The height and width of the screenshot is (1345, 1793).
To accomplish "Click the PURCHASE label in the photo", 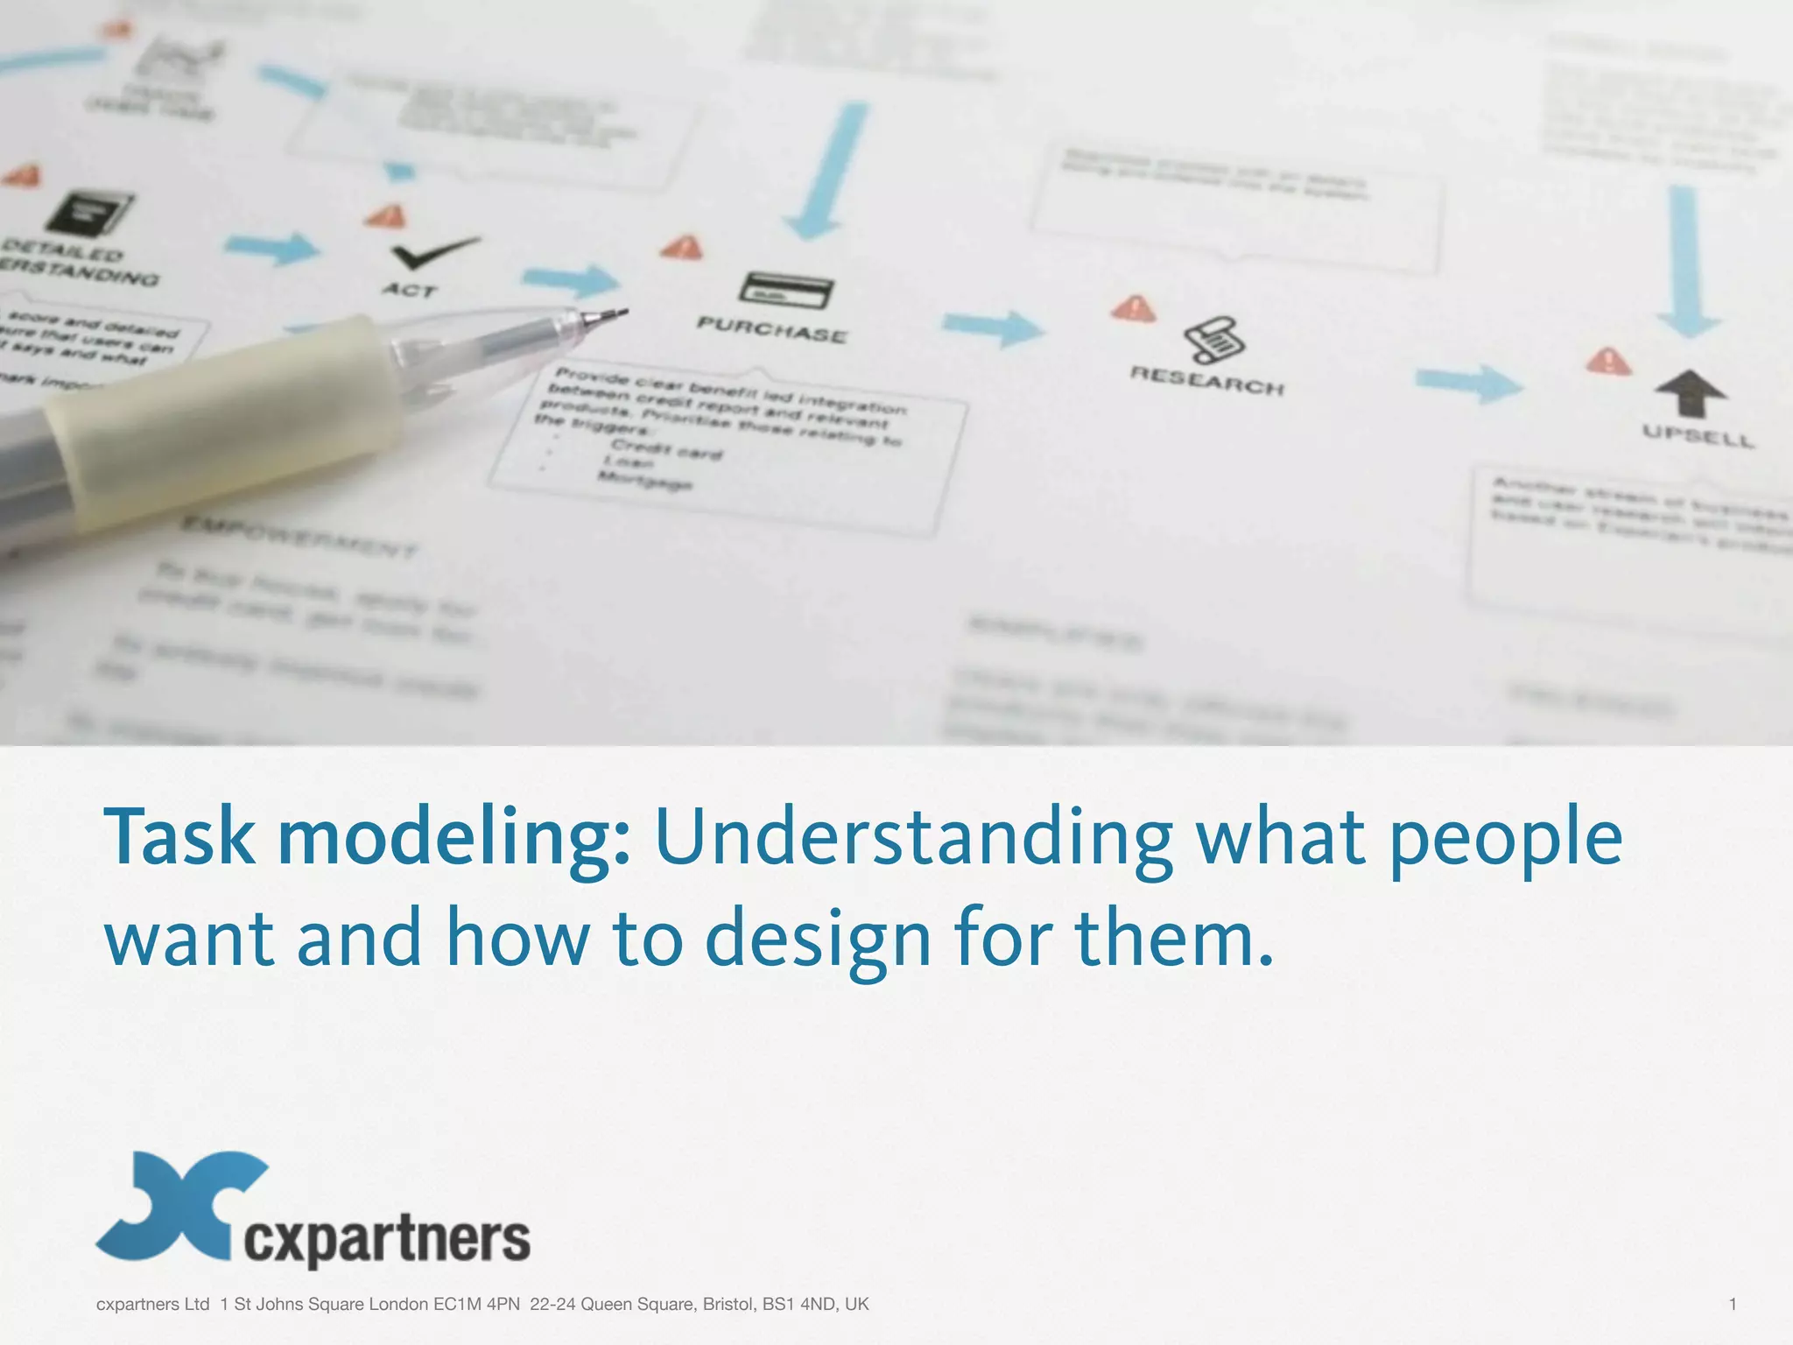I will click(x=771, y=331).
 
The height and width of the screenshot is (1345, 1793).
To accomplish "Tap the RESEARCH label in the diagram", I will click(x=1206, y=381).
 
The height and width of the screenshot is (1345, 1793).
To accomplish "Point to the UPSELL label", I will click(x=1698, y=435).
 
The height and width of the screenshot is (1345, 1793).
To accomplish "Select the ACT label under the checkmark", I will click(x=409, y=289).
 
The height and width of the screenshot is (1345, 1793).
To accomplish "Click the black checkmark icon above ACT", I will click(x=432, y=252).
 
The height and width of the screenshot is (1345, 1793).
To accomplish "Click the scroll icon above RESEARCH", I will click(x=1213, y=340).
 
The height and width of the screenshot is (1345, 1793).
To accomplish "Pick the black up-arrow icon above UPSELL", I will click(x=1691, y=392).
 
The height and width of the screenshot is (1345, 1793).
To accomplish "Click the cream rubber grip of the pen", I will click(x=219, y=412).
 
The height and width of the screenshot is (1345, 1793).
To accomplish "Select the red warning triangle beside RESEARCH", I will click(x=1134, y=308).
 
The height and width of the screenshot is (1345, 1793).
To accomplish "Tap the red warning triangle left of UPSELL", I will click(x=1608, y=360).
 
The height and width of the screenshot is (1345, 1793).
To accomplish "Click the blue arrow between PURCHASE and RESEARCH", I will click(x=994, y=327).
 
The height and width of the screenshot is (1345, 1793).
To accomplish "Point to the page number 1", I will click(x=1733, y=1304).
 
